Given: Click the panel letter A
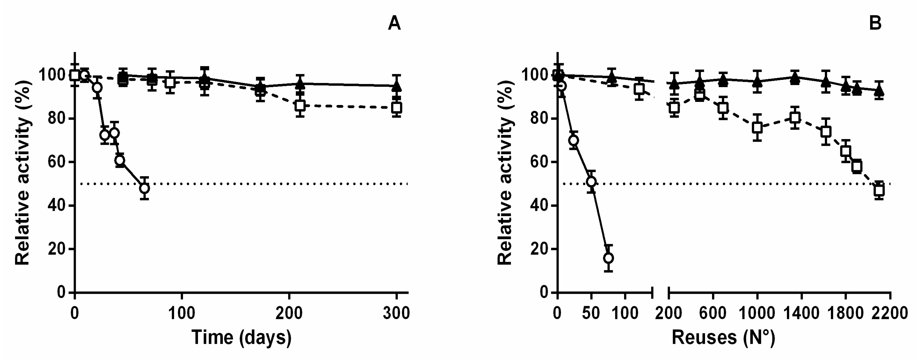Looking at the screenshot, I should coord(394,24).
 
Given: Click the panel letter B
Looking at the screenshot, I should coord(875,24).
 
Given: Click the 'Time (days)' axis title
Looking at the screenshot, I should coord(242,337).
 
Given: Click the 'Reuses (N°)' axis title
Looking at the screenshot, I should coord(723,337).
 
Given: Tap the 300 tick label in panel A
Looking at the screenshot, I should coord(396,313).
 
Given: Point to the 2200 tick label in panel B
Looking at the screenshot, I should coord(891,313).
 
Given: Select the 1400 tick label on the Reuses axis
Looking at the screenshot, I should coord(802,313).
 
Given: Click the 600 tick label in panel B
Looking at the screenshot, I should coord(713,313).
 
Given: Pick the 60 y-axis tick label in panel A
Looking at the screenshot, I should coord(56,162).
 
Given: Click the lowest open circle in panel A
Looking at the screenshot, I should coord(144,188).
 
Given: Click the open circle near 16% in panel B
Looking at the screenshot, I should coord(608,258).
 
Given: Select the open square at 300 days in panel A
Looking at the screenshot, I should coord(396,107).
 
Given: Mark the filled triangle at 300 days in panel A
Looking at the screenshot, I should coord(396,86).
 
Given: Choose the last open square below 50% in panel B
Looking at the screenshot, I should coord(879,190).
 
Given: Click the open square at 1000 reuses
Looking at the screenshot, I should coord(757,127).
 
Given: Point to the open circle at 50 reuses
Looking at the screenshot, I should coord(591,182).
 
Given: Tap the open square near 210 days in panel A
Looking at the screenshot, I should coord(300,106).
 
